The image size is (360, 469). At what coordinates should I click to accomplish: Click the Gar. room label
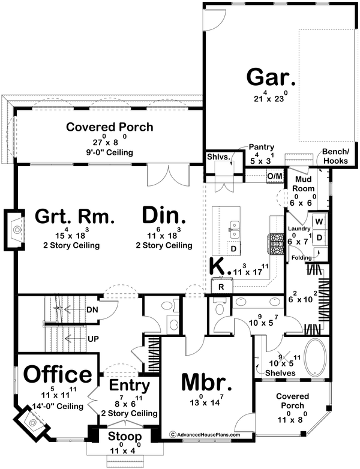(x=271, y=77)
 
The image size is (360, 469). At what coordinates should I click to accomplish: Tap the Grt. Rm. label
(x=74, y=217)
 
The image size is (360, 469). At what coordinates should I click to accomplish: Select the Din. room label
(x=164, y=215)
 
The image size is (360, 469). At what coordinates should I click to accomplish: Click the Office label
(x=58, y=374)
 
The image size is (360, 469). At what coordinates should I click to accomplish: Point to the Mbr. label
(x=206, y=383)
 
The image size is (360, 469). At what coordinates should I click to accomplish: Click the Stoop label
(x=125, y=437)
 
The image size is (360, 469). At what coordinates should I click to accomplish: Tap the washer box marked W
(x=319, y=222)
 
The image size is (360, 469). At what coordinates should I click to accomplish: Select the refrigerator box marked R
(x=221, y=287)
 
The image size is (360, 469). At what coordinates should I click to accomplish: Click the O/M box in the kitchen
(x=275, y=176)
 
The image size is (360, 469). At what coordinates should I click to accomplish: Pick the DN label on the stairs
(x=92, y=310)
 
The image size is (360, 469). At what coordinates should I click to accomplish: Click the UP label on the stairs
(x=93, y=339)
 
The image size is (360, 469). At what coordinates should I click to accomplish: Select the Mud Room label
(x=304, y=184)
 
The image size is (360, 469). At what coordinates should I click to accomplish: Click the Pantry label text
(x=262, y=147)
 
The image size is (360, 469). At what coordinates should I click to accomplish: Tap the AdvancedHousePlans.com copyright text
(x=205, y=435)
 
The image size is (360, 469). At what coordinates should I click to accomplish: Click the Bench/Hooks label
(x=335, y=156)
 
